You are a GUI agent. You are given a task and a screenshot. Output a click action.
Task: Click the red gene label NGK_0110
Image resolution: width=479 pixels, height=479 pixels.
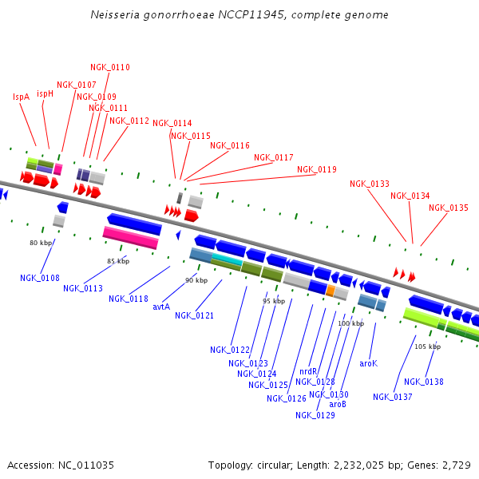pos(110,68)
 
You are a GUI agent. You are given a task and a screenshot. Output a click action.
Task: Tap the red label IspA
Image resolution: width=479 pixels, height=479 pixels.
pos(21,97)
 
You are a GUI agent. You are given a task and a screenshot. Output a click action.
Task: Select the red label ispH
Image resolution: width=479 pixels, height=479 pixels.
pos(45,93)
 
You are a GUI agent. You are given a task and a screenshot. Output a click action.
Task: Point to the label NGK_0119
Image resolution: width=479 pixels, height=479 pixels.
pos(317,169)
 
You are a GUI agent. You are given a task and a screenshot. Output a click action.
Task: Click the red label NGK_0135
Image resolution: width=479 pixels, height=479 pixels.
pos(449,208)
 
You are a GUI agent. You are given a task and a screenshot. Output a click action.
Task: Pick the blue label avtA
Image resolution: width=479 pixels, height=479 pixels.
pos(161,306)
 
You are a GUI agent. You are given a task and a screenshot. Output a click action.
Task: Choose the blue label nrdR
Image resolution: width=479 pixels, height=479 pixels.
pos(308,372)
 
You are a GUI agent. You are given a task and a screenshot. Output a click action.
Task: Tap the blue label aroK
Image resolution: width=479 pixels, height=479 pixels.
pos(368,363)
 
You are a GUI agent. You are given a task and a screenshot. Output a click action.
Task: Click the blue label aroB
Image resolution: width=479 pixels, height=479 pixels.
pos(338,404)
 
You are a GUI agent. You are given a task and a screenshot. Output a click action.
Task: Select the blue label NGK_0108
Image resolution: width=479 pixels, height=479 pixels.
pos(40,278)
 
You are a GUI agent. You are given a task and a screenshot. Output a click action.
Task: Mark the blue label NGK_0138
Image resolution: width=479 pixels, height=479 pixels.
pos(424,382)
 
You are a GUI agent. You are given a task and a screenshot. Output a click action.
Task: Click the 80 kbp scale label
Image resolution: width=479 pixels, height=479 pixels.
pos(41,243)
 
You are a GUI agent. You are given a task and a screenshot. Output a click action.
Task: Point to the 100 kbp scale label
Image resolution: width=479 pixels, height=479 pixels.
pos(350,323)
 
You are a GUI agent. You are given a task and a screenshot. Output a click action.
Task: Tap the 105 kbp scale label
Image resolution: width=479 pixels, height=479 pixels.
pos(428,346)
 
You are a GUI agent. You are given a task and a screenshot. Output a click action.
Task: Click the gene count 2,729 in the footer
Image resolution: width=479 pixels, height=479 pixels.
pos(459,465)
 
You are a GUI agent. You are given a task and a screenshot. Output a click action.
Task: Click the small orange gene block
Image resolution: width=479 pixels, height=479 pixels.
pos(330,290)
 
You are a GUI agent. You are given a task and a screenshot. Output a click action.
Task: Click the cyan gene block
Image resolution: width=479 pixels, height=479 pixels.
pos(228,260)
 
